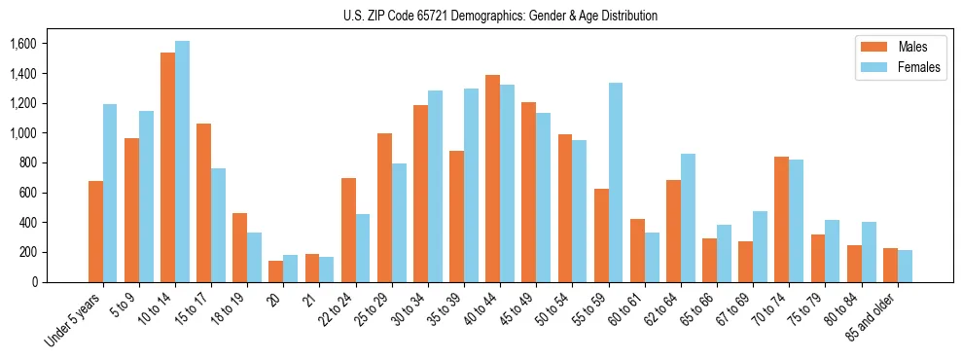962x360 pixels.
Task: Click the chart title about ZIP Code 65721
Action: click(x=500, y=16)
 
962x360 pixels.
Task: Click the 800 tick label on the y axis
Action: click(x=28, y=162)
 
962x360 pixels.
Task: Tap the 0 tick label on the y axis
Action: click(x=34, y=282)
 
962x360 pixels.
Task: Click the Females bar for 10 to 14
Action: click(x=182, y=162)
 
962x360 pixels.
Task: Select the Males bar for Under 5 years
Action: click(x=95, y=232)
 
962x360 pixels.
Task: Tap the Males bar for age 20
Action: click(x=276, y=271)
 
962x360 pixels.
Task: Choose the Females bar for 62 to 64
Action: click(x=688, y=218)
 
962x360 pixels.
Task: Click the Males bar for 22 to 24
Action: click(x=348, y=231)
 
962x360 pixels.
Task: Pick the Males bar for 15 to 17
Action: click(x=203, y=203)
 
